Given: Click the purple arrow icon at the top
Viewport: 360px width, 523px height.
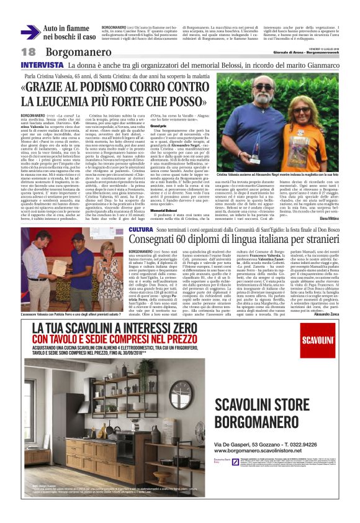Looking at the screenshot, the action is click(30, 32).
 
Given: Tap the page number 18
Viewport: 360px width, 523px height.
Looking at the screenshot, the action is click(28, 53).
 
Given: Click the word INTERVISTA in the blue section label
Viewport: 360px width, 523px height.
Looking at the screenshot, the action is click(42, 65).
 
